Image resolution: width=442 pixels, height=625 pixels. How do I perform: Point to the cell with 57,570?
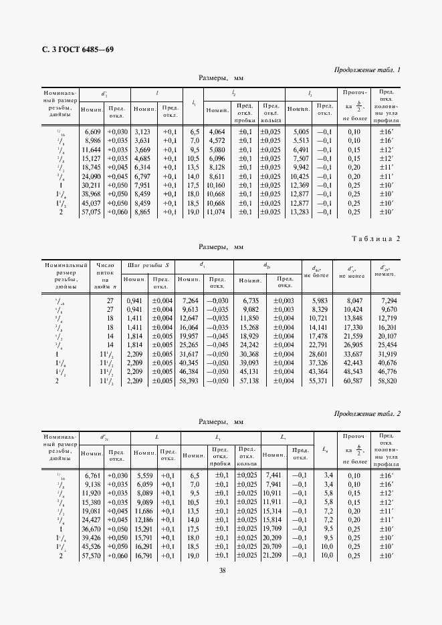pyautogui.click(x=91, y=555)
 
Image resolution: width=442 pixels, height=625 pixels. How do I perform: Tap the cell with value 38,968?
pyautogui.click(x=91, y=194)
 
